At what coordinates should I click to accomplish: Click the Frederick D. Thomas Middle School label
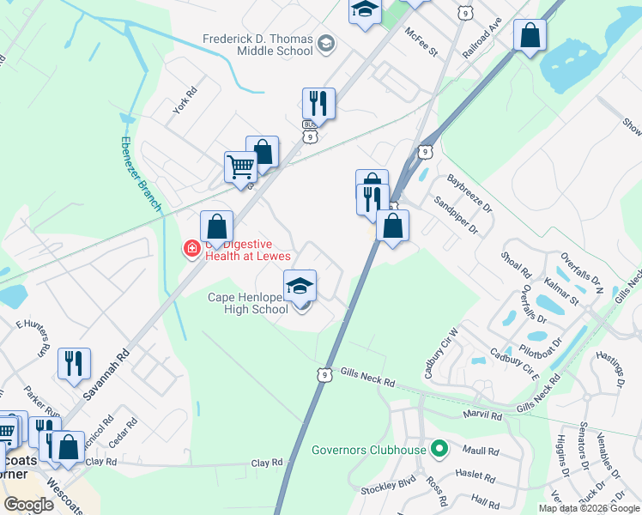pos(257,45)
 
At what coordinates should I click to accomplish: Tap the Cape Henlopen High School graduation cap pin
pos(300,286)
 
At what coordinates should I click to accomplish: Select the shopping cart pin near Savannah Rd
pos(240,167)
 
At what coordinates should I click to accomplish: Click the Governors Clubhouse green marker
pos(439,449)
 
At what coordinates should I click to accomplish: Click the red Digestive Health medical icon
pos(191,249)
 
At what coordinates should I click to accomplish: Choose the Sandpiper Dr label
pos(455,215)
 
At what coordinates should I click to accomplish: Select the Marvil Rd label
pos(483,416)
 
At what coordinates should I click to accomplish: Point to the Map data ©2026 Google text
pos(589,508)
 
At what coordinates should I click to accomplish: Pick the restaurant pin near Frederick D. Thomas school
pos(318,103)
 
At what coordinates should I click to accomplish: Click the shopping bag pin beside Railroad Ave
pos(530,36)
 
